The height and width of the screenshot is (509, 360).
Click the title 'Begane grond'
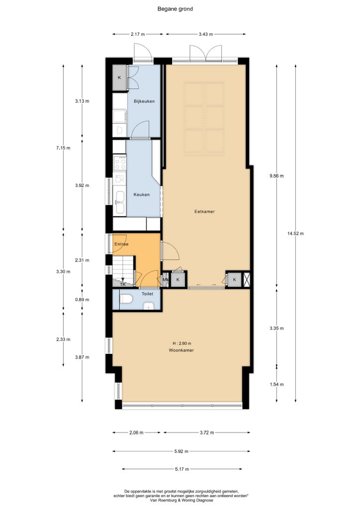pos(175,9)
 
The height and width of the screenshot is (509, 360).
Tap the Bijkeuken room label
pos(144,101)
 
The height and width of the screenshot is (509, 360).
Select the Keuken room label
pos(142,195)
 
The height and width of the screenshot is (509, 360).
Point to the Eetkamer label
pos(204,212)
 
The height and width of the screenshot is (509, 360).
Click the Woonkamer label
pos(181,350)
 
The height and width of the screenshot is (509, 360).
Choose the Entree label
pos(121,244)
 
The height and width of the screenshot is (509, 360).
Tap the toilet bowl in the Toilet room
pos(126,299)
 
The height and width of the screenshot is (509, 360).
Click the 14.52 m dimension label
pos(295,234)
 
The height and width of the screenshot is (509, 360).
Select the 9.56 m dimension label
pos(276,176)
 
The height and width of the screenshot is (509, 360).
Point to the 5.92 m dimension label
pos(181,451)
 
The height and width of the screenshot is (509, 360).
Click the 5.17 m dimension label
pos(182,469)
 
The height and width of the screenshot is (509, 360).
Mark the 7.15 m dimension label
pos(63,148)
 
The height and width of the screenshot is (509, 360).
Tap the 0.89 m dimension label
pos(82,300)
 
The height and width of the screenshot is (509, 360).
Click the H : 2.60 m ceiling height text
pos(182,343)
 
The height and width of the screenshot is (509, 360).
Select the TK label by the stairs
pos(123,284)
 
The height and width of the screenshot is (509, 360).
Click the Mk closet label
pos(166,279)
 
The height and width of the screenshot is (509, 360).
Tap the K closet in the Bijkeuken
pos(119,78)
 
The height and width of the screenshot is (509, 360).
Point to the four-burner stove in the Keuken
pos(120,163)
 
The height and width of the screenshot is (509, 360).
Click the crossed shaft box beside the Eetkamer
pos(247,279)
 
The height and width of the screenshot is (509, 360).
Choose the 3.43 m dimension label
pos(206,34)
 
